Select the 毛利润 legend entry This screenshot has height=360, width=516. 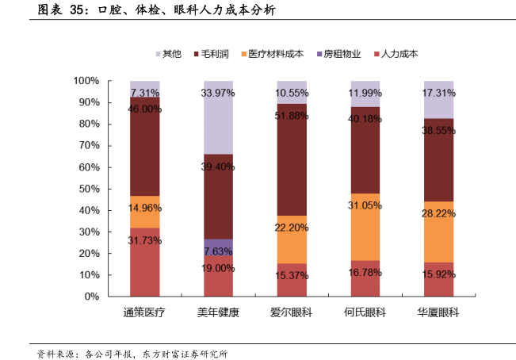(x=215, y=55)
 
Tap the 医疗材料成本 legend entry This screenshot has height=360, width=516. (x=276, y=55)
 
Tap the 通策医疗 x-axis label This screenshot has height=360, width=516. (x=144, y=312)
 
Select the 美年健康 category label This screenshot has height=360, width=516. (x=218, y=312)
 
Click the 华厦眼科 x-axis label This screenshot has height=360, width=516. (x=439, y=312)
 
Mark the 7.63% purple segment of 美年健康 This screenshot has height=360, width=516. (x=218, y=250)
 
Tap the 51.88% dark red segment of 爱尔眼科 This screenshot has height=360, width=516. (x=292, y=159)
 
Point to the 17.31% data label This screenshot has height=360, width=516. (x=439, y=93)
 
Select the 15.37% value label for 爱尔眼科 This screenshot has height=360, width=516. (x=292, y=275)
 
